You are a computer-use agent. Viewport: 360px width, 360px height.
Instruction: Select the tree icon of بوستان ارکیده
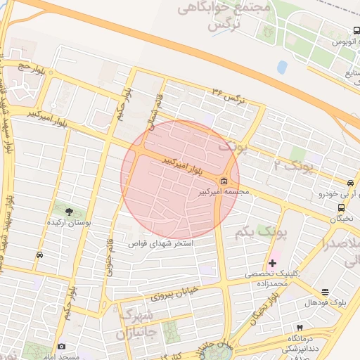point(69,211)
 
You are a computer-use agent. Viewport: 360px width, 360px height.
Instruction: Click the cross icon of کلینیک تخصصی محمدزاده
point(273,262)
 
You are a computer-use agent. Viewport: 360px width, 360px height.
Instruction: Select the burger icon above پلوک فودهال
point(325,292)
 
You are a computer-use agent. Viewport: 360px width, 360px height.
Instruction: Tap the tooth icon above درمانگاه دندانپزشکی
point(300,328)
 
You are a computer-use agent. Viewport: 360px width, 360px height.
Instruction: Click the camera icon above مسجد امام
point(62,347)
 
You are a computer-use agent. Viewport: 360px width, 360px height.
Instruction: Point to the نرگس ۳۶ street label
point(229,95)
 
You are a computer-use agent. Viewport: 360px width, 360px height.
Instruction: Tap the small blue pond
point(282,67)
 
